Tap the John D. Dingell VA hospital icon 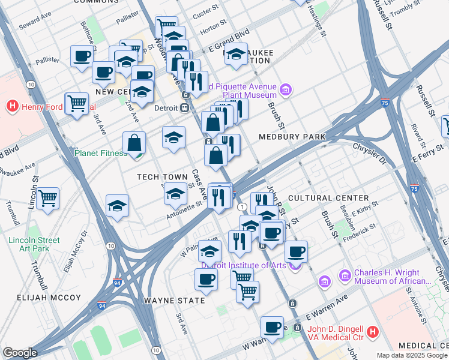pyautogui.click(x=373, y=331)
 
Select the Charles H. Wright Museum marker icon pyautogui.click(x=345, y=276)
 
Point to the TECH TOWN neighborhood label pyautogui.click(x=162, y=176)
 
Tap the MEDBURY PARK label pyautogui.click(x=292, y=137)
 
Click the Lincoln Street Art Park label pyautogui.click(x=34, y=244)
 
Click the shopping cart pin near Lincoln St pyautogui.click(x=47, y=198)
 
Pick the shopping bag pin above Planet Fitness pyautogui.click(x=134, y=142)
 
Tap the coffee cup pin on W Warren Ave pyautogui.click(x=272, y=326)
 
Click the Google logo pyautogui.click(x=20, y=353)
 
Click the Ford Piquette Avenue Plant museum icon pyautogui.click(x=286, y=91)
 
